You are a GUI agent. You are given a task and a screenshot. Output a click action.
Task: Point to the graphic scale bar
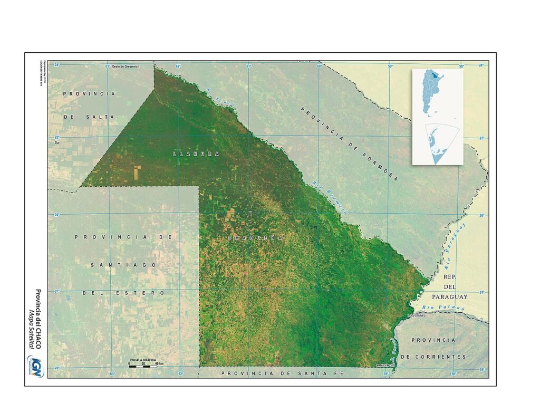click(x=144, y=366)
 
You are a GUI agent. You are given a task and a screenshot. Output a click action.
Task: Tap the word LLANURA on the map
click(x=196, y=153)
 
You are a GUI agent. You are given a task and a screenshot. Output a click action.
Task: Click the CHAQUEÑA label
click(x=255, y=238)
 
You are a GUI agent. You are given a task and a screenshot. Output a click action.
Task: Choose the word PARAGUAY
click(x=449, y=296)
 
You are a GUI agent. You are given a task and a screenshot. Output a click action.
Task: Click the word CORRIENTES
click(x=433, y=357)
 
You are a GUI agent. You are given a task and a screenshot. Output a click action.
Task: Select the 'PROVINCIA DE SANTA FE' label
click(x=282, y=373)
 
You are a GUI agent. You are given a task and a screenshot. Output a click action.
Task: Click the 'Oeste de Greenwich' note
click(x=125, y=66)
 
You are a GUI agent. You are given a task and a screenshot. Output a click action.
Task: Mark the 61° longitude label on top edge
click(x=248, y=66)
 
